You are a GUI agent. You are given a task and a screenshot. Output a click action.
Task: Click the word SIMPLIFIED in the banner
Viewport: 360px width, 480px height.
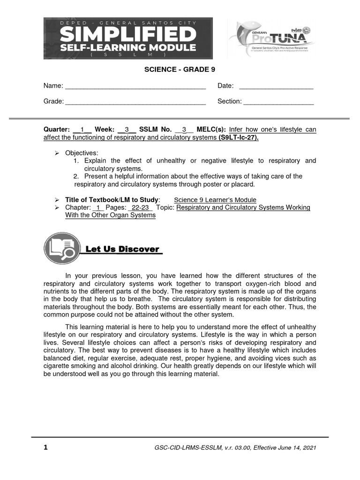[128, 34]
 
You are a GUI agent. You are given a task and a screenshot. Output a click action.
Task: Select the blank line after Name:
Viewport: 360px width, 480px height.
[135, 86]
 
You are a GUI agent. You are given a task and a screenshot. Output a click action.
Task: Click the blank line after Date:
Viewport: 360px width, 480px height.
[276, 86]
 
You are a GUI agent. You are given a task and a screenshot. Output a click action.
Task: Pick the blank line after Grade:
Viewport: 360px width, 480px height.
[135, 102]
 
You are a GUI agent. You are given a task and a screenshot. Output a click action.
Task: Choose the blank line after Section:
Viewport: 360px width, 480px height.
[278, 102]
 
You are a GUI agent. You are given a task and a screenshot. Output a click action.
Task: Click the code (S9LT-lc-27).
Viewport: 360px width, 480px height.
[239, 138]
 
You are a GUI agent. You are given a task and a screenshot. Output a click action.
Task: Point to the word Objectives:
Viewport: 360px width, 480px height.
[82, 153]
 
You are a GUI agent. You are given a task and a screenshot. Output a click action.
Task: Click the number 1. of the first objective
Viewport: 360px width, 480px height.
[76, 161]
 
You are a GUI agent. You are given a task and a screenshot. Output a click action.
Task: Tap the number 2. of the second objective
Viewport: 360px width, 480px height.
[76, 176]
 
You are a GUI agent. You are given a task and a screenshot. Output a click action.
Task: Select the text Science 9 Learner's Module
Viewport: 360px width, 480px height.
[215, 200]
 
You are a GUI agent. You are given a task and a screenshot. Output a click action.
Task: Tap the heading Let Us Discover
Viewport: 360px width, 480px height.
[122, 249]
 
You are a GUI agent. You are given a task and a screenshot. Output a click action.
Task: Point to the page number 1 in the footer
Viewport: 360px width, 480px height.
[45, 447]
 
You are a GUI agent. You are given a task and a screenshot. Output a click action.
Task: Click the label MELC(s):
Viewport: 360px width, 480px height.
[211, 129]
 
